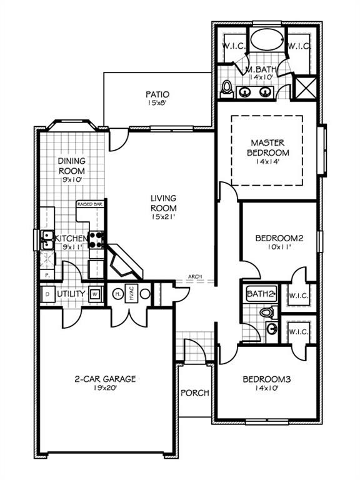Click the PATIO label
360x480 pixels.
157,95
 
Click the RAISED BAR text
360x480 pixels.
89,204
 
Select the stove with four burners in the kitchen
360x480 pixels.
97,240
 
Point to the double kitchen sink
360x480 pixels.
47,240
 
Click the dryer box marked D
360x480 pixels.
47,293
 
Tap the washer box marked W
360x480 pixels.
95,294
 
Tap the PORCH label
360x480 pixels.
194,393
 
